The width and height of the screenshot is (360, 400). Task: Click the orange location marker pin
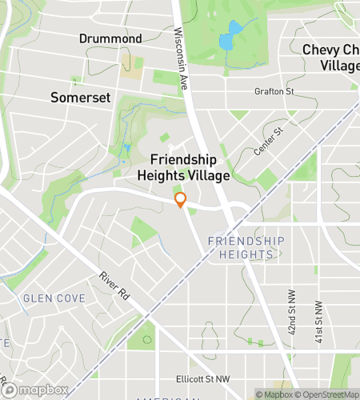tap(181, 199)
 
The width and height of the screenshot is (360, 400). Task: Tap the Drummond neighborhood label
tap(110, 38)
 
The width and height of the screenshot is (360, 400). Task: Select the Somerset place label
tap(79, 97)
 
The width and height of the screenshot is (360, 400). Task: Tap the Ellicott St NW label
tap(202, 379)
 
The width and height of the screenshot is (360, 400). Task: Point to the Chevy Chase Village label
tap(330, 57)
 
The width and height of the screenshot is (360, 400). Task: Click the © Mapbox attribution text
tap(275, 394)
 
